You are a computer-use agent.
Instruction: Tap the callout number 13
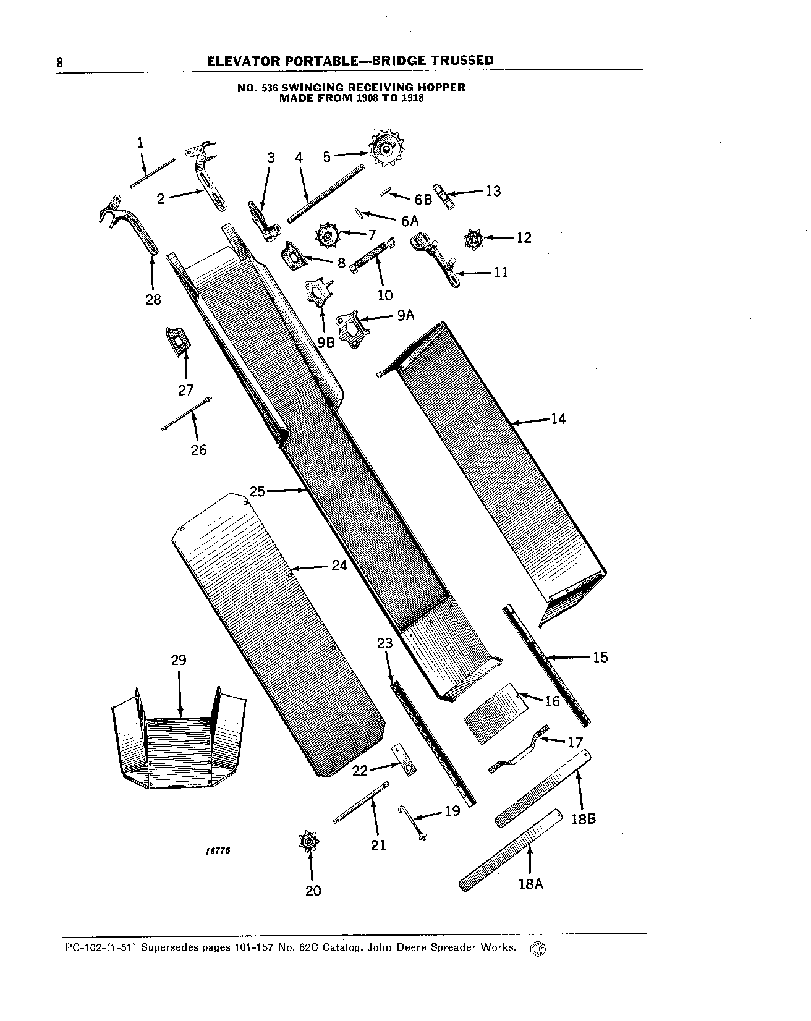[493, 191]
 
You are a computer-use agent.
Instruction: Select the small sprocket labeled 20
[309, 842]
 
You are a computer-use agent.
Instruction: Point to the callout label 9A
[405, 316]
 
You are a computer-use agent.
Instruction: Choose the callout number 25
[257, 491]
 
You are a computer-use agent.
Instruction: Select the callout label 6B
[423, 200]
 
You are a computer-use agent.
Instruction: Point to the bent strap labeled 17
[518, 749]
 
